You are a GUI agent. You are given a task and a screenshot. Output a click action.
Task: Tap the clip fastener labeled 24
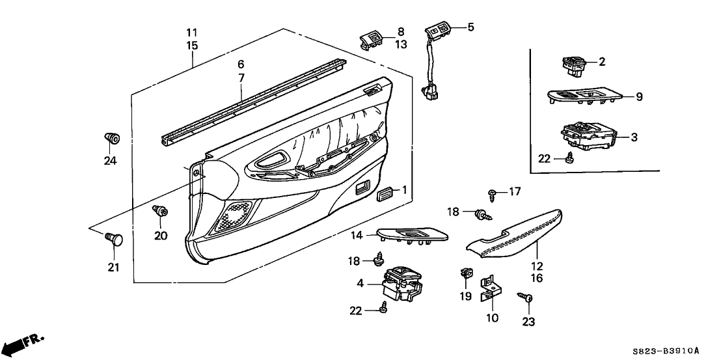pyautogui.click(x=111, y=139)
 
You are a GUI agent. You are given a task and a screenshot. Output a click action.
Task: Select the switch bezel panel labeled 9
pyautogui.click(x=586, y=98)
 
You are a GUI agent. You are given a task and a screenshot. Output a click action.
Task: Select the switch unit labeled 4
pyautogui.click(x=401, y=283)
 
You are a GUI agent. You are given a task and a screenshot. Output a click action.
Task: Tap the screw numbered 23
pyautogui.click(x=526, y=298)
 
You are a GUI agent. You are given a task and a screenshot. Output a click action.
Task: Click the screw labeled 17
pyautogui.click(x=493, y=193)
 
